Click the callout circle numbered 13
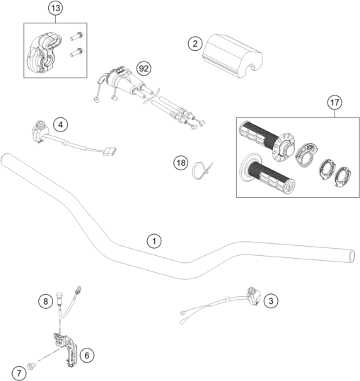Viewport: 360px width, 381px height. point(55,8)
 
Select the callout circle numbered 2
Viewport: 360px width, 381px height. point(195,44)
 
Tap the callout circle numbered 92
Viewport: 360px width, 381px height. point(144,69)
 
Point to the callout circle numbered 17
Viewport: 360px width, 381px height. point(335,102)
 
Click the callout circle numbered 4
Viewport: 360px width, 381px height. point(60,124)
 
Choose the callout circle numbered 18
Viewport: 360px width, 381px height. point(181,163)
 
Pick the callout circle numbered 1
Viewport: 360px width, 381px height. point(154,241)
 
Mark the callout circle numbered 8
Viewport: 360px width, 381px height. point(45,302)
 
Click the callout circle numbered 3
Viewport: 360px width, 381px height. point(271,301)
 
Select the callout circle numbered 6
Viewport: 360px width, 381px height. point(87,356)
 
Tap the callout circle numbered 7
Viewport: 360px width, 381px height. point(19,373)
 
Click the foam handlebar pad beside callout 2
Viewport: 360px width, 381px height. point(233,56)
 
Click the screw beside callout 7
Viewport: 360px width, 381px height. point(32,365)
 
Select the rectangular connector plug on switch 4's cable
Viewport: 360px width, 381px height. point(110,151)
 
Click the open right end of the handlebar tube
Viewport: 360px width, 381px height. point(352,256)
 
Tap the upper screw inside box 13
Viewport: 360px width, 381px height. point(77,36)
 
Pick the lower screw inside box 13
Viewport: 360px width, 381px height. point(76,52)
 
